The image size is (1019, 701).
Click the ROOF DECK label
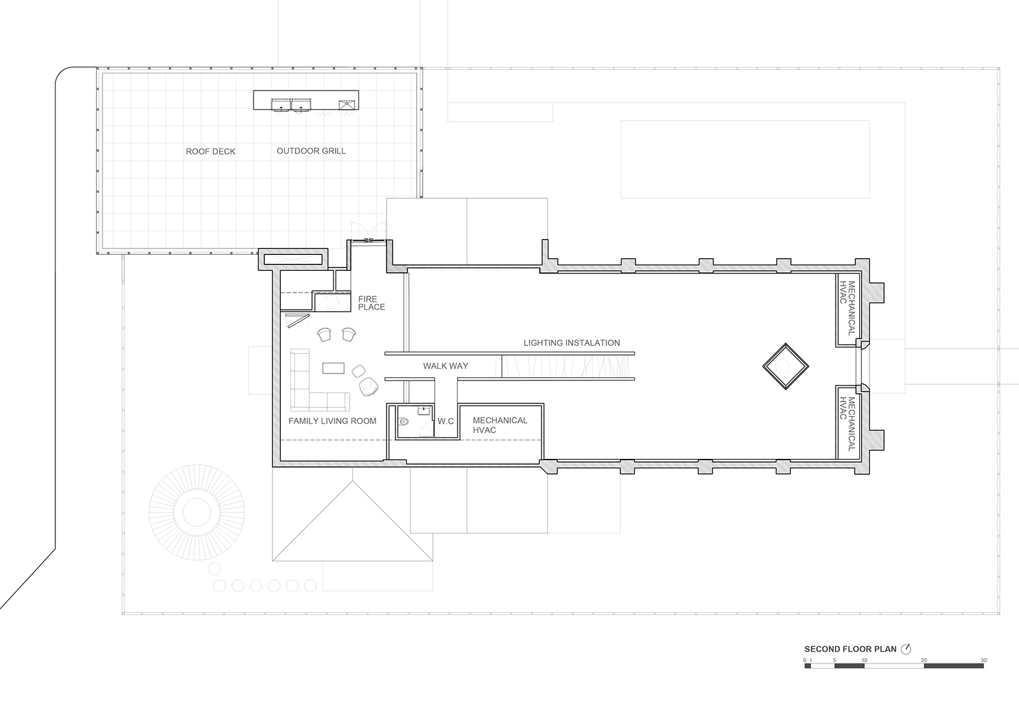point(211,152)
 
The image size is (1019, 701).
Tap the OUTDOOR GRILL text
point(311,151)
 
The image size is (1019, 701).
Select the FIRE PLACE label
point(371,303)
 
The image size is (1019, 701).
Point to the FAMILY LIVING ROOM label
point(332,421)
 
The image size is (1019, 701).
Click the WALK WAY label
point(445,366)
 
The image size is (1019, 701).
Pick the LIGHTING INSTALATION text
point(571,343)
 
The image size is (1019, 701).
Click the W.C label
point(446,421)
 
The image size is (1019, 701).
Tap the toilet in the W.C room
point(404,422)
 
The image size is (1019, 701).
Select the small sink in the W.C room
point(424,412)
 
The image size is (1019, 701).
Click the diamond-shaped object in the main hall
point(786,366)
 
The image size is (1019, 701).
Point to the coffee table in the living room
point(334,368)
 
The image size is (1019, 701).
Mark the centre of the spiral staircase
point(197,512)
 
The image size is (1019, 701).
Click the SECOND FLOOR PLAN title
point(851,649)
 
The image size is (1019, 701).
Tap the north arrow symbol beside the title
point(906,649)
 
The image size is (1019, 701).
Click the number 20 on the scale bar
point(924,660)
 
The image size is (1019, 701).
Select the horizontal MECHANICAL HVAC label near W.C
point(500,425)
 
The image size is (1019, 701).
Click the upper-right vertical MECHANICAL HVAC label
point(848,308)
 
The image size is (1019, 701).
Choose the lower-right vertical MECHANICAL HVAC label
point(848,424)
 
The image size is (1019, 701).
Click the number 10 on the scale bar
point(864,660)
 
